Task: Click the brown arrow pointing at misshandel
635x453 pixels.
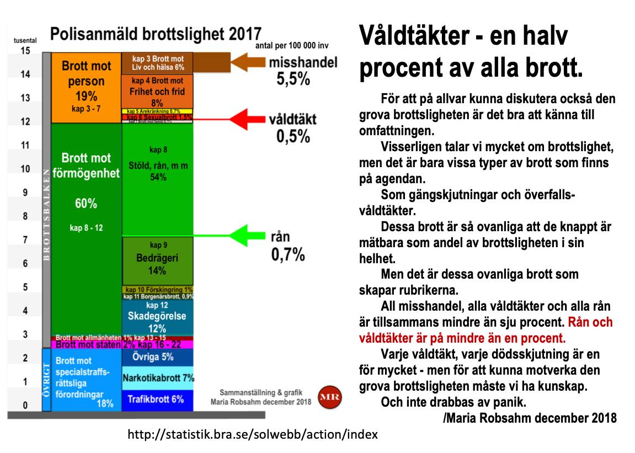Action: (248, 61)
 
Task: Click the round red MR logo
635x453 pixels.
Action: (330, 396)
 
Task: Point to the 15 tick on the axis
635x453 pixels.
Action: (25, 51)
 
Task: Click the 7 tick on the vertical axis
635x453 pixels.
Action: (25, 240)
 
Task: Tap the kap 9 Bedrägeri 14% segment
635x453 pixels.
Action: (157, 261)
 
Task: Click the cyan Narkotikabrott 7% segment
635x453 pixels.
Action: (157, 378)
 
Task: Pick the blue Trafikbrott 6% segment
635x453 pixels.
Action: (157, 399)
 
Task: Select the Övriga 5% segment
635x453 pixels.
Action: (157, 356)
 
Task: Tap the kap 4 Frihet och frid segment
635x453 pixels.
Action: (157, 91)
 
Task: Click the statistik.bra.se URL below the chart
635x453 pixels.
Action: (252, 434)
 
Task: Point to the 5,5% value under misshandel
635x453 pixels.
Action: (293, 79)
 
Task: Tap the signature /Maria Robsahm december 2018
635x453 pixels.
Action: (530, 418)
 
